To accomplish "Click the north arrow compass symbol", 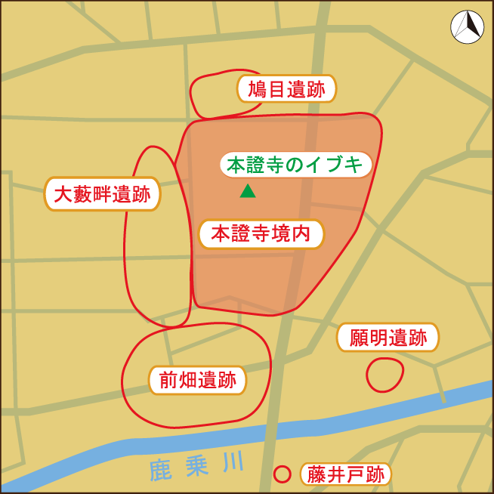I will [x=466, y=27].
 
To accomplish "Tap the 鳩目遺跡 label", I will [x=286, y=91].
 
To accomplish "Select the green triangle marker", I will [x=247, y=192].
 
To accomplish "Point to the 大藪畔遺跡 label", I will [x=102, y=196].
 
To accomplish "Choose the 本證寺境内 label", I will [x=261, y=234].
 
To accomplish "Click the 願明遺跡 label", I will [x=387, y=338].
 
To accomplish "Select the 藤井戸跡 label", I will [x=345, y=475].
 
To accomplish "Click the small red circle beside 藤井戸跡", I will [x=282, y=474].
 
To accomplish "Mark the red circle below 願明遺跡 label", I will [x=384, y=375].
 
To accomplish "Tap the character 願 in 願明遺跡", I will [x=358, y=338].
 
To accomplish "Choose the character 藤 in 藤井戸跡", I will [x=316, y=475].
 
